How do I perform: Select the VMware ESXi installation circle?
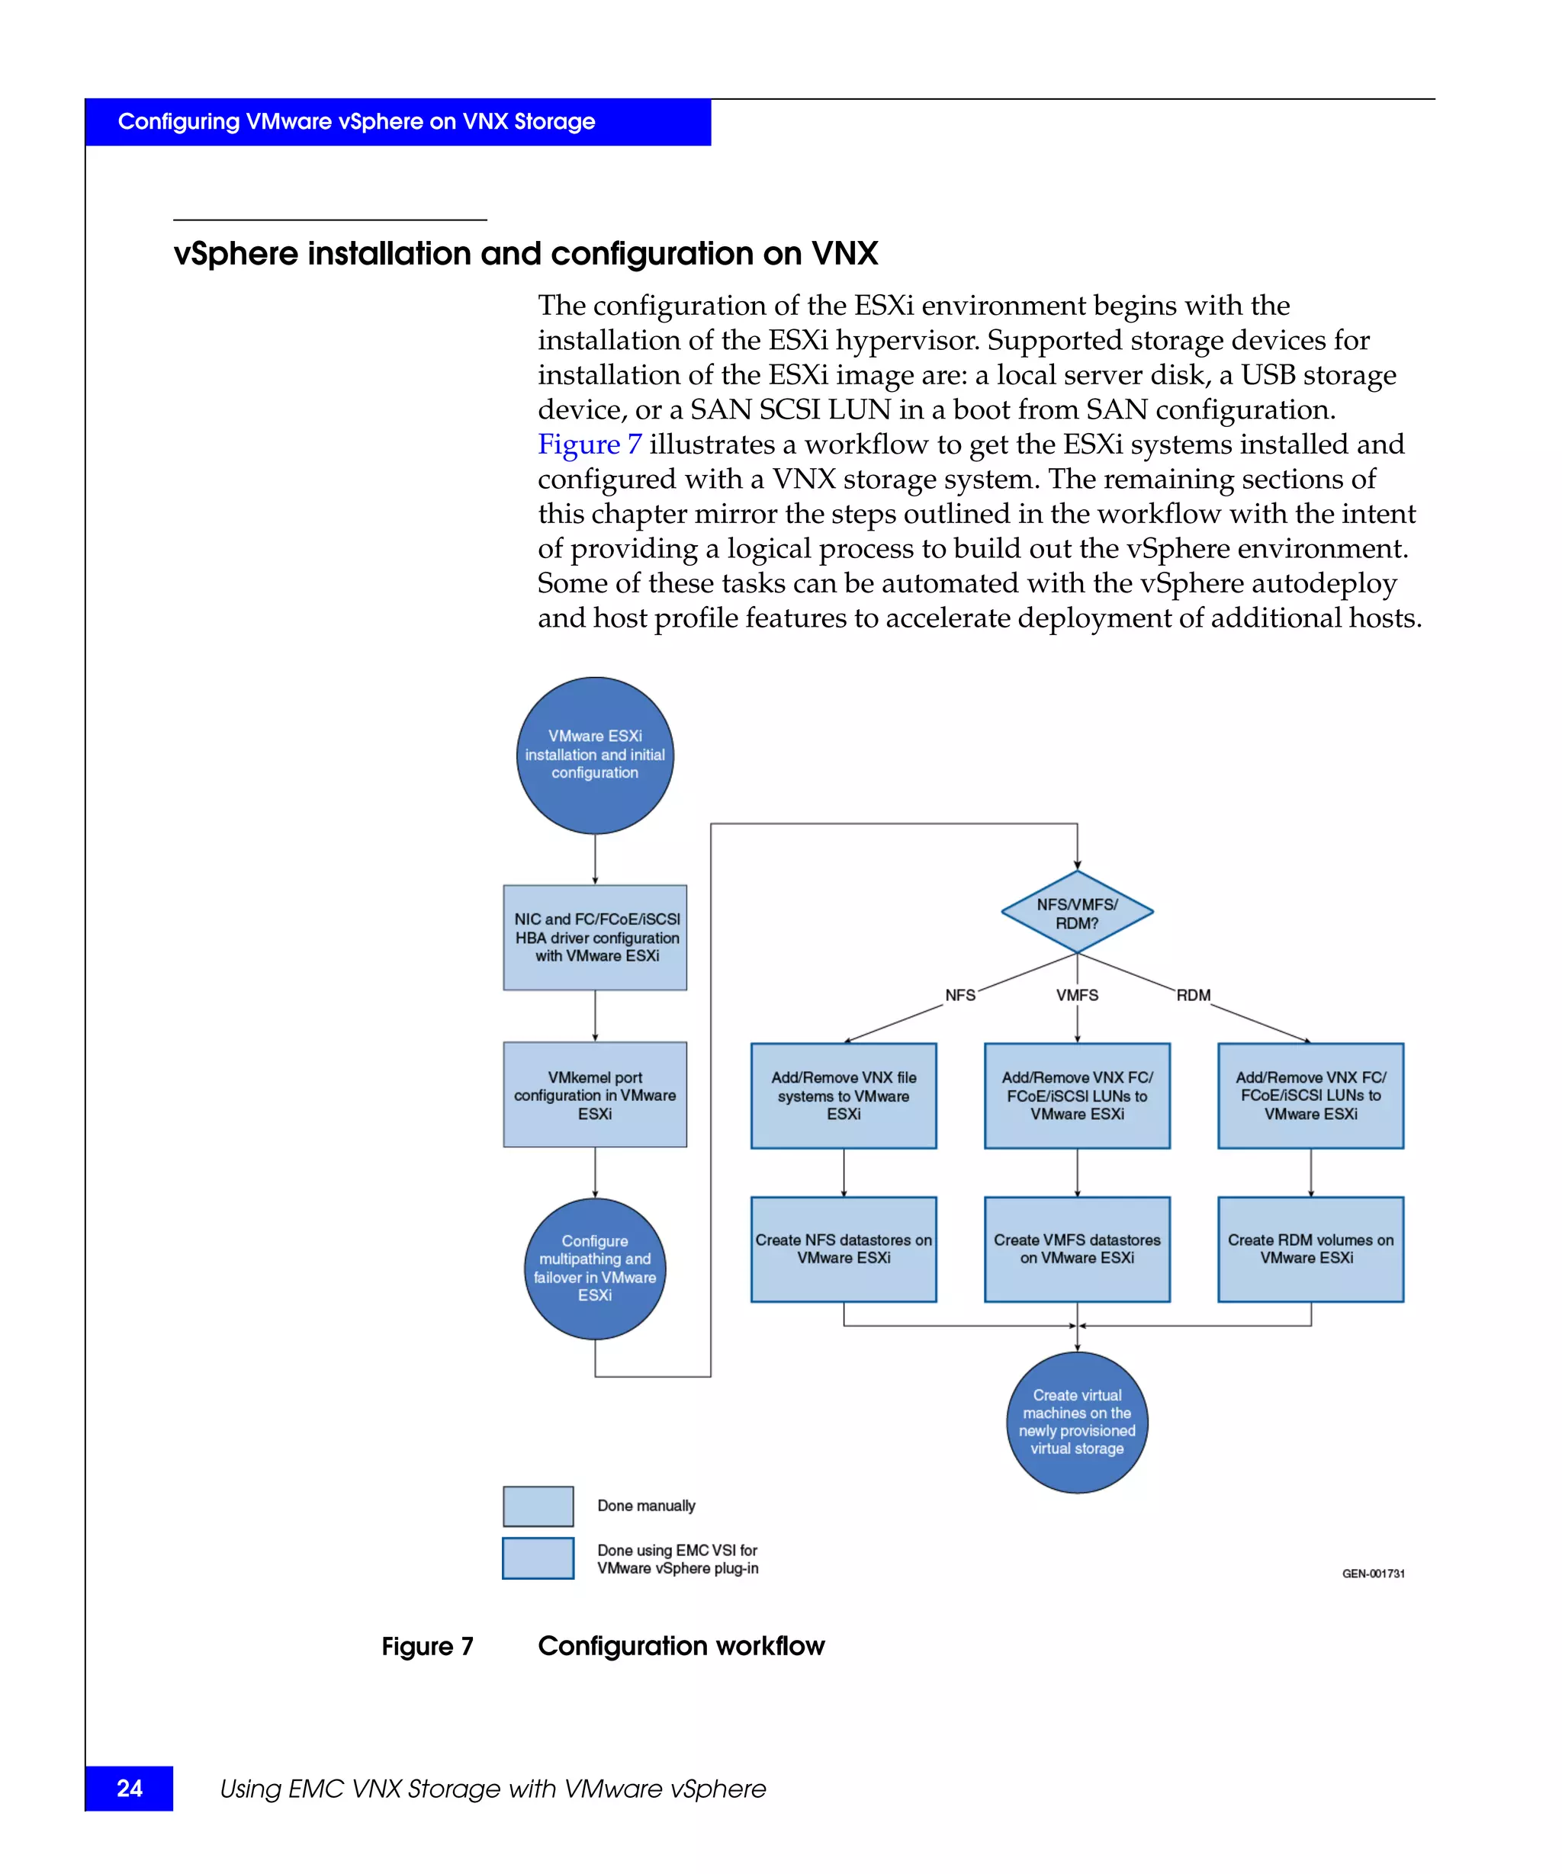[594, 755]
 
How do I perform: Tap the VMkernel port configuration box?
[594, 1095]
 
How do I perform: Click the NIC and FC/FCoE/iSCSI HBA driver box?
[594, 937]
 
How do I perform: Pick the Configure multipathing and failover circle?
[594, 1268]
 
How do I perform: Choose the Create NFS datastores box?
[844, 1250]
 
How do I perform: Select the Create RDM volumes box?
[1310, 1250]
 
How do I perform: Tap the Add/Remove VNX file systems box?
[844, 1096]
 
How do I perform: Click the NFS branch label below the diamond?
[959, 995]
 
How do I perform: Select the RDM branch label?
[1193, 995]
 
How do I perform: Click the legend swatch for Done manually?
[538, 1507]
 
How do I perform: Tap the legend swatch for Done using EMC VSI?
[538, 1559]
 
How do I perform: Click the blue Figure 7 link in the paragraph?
[589, 444]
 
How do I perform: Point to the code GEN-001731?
[1373, 1574]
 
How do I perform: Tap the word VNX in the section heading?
[844, 255]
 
